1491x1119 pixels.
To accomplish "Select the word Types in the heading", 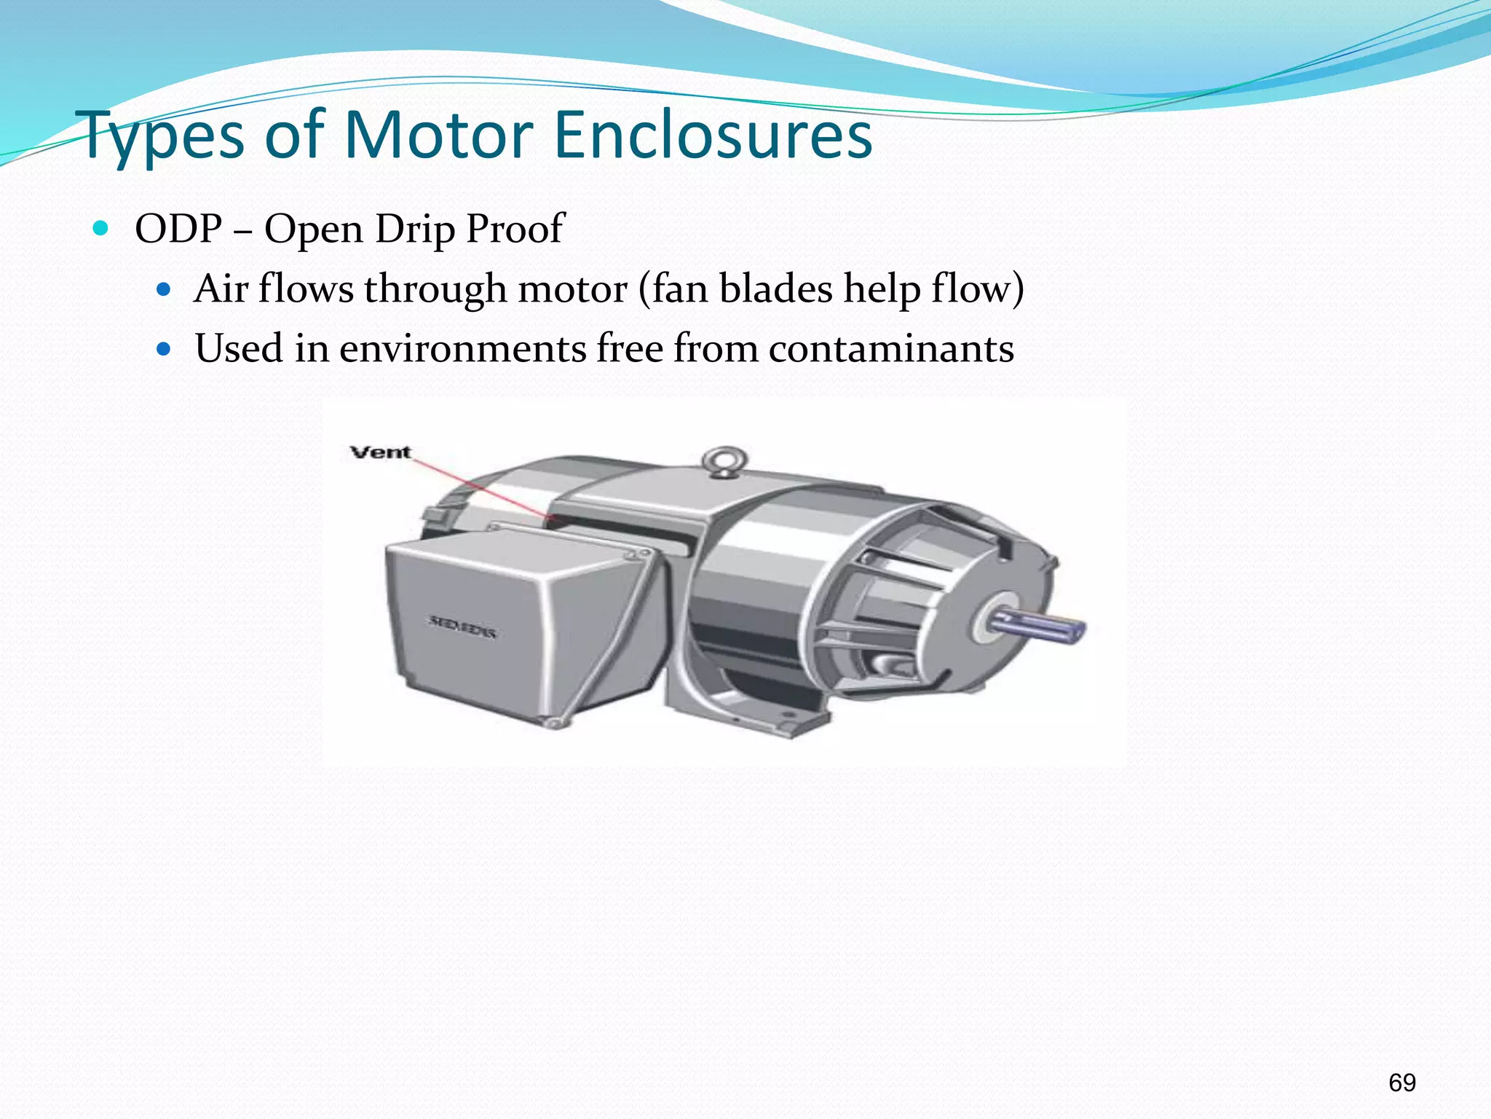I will [164, 137].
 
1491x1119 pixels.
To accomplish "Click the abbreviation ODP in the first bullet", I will [178, 229].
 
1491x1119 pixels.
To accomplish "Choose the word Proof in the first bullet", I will [515, 229].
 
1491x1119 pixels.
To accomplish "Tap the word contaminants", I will [891, 348].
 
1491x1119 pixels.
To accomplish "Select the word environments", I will [462, 348].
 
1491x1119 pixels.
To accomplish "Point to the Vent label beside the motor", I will [381, 452].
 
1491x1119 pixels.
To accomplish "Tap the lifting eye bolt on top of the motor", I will [724, 461].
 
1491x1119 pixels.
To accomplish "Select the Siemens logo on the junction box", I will [462, 626].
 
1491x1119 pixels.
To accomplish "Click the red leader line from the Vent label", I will [480, 487].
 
